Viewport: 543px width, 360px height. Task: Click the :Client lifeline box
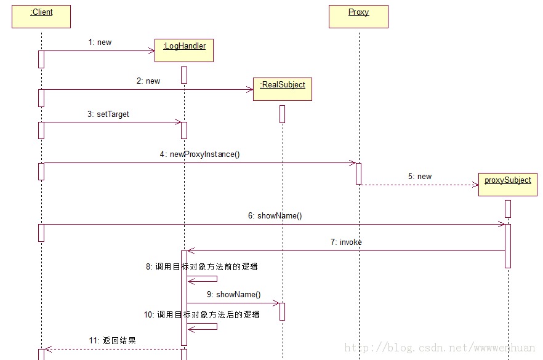pos(41,17)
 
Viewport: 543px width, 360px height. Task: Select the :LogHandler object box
pos(184,50)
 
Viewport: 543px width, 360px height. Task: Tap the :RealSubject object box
pos(283,89)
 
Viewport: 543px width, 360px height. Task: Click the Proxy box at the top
pos(358,17)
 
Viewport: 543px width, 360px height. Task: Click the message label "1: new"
pos(100,42)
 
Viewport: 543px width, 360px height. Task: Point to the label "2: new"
pos(148,81)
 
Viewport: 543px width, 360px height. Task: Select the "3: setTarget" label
pos(109,114)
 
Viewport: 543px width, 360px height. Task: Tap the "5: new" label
pos(420,177)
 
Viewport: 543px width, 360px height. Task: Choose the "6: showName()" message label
pos(275,216)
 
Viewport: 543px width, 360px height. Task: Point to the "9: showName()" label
pos(233,295)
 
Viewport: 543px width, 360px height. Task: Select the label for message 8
pos(201,267)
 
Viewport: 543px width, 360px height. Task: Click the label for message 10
pos(201,314)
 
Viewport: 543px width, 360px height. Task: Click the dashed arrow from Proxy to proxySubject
pos(419,185)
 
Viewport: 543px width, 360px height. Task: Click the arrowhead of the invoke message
pos(191,250)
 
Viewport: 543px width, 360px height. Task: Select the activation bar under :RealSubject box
pos(282,114)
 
